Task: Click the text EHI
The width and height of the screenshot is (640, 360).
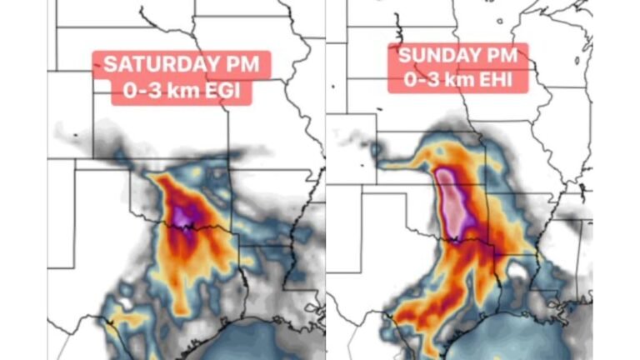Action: click(492, 81)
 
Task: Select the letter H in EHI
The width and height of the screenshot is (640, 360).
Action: click(493, 81)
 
